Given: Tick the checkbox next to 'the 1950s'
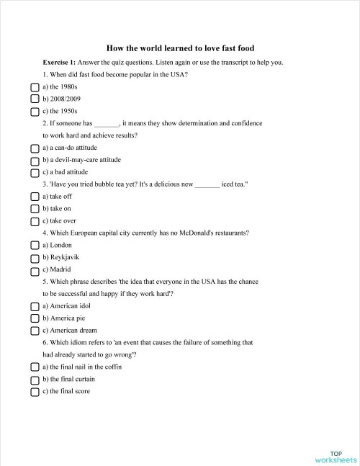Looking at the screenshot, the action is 35,112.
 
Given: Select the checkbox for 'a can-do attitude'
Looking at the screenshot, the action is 35,148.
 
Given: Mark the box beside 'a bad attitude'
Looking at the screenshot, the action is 35,172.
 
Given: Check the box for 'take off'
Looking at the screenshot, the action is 35,197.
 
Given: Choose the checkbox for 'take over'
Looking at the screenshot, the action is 35,221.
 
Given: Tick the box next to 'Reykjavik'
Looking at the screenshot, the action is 35,258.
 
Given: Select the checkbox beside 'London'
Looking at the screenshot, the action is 35,246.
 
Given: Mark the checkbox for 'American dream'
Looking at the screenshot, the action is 35,331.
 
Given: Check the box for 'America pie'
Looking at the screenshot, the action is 35,318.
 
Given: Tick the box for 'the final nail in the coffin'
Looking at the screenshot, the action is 35,367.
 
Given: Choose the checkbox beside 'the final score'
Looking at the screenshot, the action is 35,392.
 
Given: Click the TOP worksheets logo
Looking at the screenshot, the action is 335,456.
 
